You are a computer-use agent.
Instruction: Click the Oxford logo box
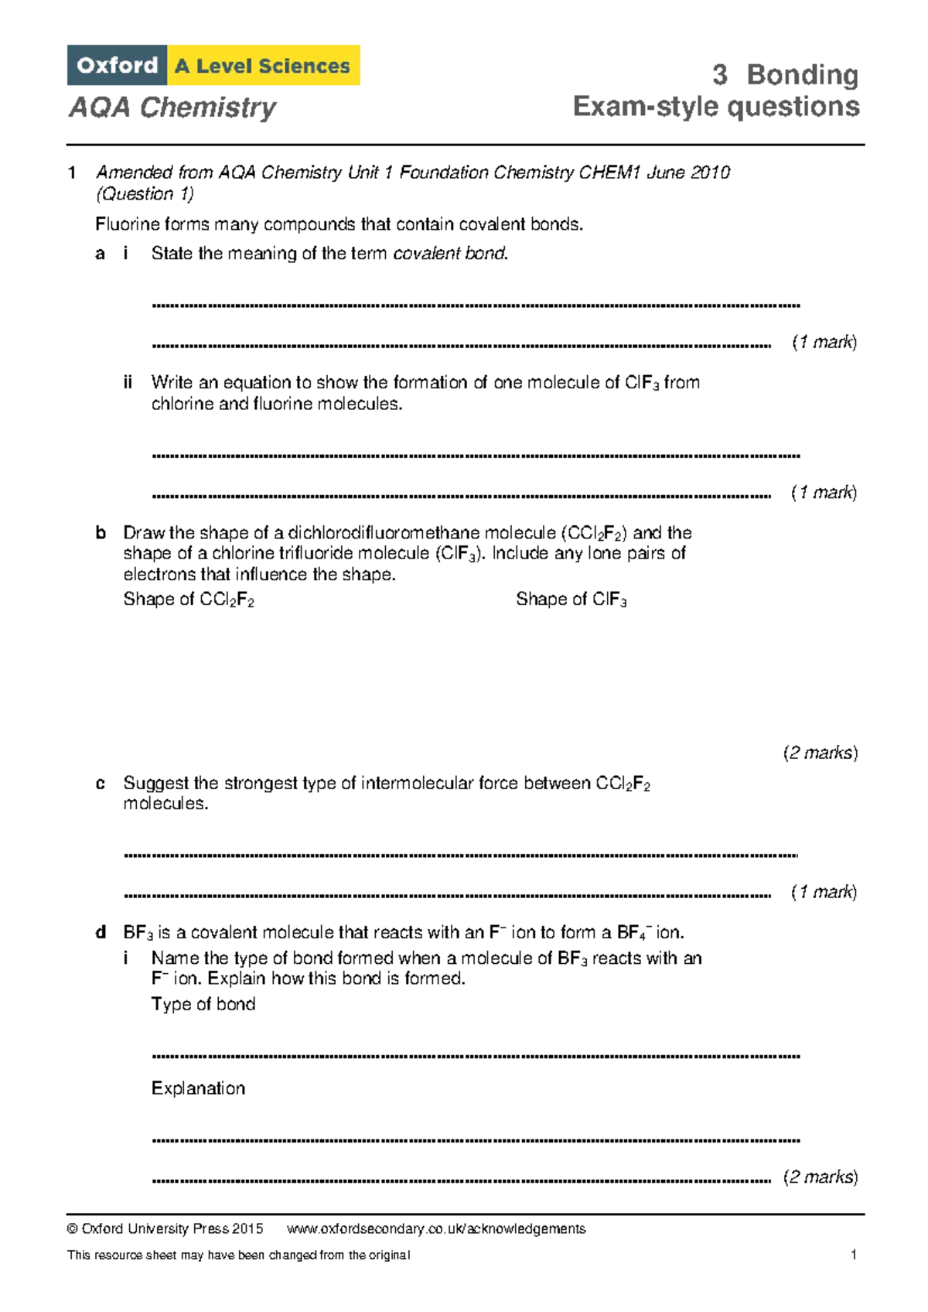(x=117, y=66)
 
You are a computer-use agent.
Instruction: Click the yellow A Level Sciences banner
(x=263, y=66)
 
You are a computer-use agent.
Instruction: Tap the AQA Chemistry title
(x=172, y=107)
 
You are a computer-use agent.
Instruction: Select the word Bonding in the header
(x=802, y=75)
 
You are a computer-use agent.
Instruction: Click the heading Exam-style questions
(x=716, y=107)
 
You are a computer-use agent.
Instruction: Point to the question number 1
(x=72, y=173)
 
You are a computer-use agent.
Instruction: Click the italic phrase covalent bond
(x=450, y=254)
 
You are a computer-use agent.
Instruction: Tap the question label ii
(x=128, y=382)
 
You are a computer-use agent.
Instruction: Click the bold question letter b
(x=100, y=533)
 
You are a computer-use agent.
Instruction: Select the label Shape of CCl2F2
(x=189, y=600)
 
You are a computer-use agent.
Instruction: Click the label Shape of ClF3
(x=571, y=600)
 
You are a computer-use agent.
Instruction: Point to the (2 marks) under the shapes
(x=821, y=753)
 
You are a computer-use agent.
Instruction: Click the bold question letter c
(x=100, y=783)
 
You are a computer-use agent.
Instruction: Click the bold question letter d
(x=100, y=932)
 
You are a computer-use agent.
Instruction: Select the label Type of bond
(x=203, y=1004)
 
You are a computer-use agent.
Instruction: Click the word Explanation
(x=198, y=1088)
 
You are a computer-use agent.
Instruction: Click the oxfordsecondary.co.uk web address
(x=435, y=1228)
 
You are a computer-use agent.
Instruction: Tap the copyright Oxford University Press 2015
(x=165, y=1228)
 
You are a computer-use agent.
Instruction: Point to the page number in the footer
(x=853, y=1255)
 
